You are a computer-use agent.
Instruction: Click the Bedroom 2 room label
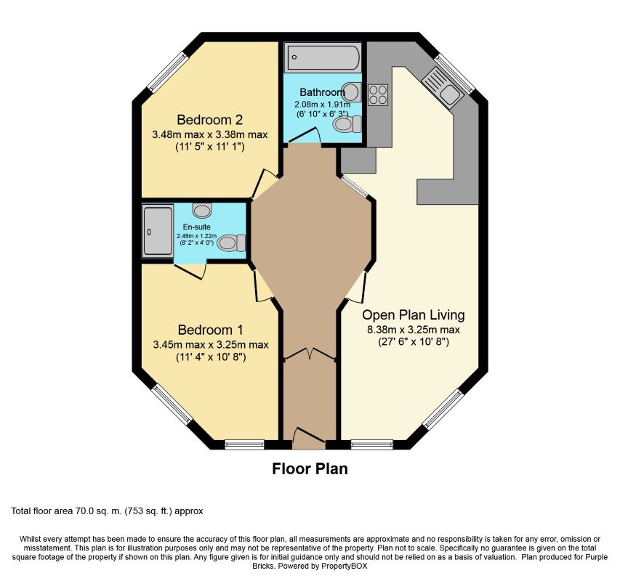209,119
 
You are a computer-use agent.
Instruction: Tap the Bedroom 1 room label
210,330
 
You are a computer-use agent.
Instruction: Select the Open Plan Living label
413,314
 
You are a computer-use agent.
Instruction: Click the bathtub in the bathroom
323,57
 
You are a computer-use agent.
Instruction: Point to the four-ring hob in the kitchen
378,95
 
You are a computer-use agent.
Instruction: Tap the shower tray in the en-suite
158,230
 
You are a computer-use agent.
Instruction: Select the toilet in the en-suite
231,242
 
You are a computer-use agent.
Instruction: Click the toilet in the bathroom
347,124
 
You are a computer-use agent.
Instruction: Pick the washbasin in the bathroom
352,92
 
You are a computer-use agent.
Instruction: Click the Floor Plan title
310,468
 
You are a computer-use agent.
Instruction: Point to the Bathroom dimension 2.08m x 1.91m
322,105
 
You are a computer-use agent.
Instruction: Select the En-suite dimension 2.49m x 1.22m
196,236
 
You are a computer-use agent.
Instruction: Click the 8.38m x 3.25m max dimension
414,330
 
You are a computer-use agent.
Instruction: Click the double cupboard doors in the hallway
310,354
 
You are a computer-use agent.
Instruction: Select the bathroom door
304,135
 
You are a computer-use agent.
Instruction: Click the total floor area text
107,511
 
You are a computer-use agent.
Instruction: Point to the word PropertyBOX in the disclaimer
344,566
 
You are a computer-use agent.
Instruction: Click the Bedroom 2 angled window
167,71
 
